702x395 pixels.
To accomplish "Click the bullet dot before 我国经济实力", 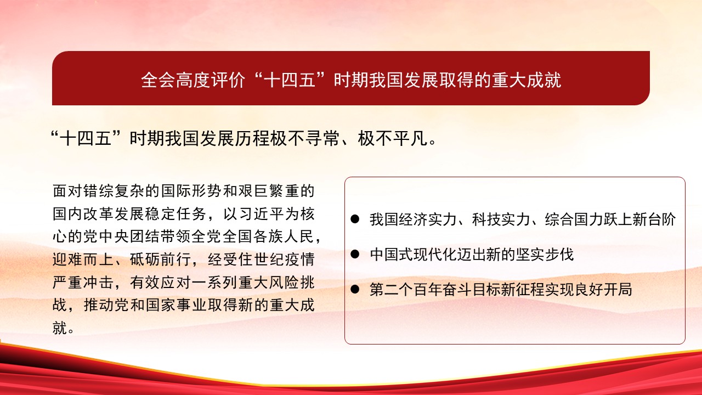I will tap(355, 219).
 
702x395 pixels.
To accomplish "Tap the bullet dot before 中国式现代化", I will tap(355, 254).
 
